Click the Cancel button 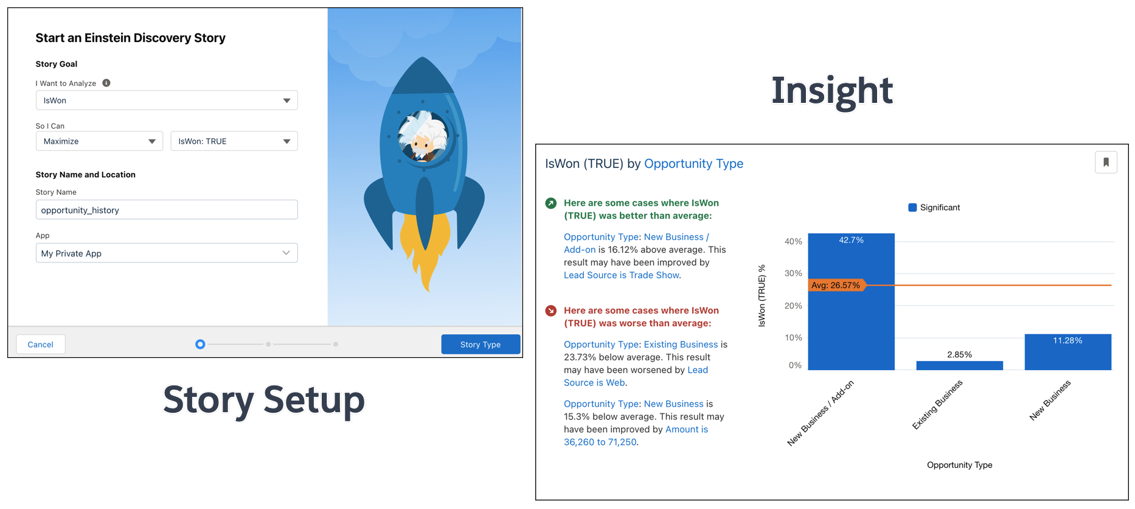tap(40, 345)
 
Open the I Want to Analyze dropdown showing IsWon tap(166, 100)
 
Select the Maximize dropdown tap(99, 141)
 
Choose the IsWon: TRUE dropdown tap(234, 141)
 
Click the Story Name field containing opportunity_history tap(166, 210)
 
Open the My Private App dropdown tap(166, 253)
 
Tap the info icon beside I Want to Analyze tap(106, 83)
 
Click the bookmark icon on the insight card tap(1106, 163)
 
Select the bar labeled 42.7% tap(851, 304)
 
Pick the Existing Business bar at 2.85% tap(959, 365)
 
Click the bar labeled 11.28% tap(1067, 353)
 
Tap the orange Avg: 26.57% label tap(836, 285)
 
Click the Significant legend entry tap(934, 208)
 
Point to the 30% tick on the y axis tap(793, 273)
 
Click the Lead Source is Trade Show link tap(621, 275)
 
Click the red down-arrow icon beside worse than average tap(551, 311)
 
